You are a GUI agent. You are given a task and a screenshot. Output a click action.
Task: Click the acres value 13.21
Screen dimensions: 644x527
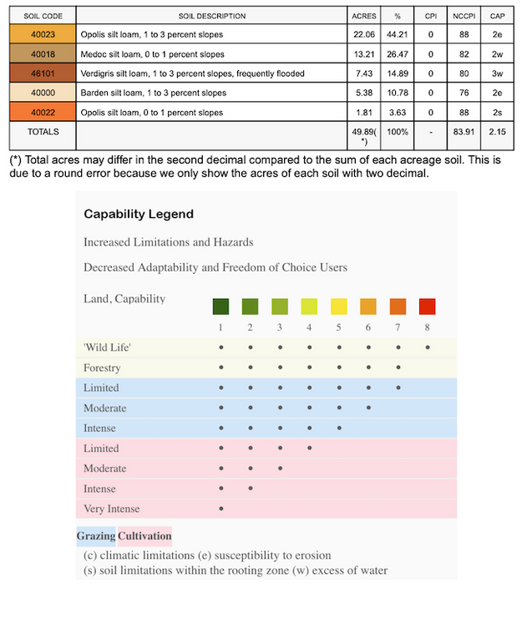tap(363, 54)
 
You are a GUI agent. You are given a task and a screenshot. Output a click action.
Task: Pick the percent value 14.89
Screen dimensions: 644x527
tap(398, 74)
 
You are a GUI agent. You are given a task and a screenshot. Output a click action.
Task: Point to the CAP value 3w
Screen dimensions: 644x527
tap(496, 74)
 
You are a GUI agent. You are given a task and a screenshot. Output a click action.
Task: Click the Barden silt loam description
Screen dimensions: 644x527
tap(154, 93)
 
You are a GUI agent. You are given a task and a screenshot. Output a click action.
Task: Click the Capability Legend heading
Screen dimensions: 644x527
tap(139, 214)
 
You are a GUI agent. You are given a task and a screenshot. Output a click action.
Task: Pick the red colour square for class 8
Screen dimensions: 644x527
tap(428, 307)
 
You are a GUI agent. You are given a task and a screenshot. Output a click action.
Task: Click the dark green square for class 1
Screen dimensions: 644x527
tap(220, 307)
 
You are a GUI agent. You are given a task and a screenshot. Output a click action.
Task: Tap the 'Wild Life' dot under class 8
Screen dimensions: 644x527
tap(428, 347)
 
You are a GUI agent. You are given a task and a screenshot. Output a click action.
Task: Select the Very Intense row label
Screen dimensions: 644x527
tap(112, 509)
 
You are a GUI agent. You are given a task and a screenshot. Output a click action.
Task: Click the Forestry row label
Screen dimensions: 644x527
tap(102, 368)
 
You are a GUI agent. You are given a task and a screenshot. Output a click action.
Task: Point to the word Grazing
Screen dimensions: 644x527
tap(96, 535)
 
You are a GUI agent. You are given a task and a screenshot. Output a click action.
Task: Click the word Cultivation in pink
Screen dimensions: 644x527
tap(144, 535)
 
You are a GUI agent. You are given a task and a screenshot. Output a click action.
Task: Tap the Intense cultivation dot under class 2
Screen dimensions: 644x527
tap(251, 489)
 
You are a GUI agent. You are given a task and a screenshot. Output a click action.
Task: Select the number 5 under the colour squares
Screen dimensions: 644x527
tap(339, 327)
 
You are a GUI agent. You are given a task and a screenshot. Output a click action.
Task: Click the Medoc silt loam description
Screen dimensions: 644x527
tap(153, 54)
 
